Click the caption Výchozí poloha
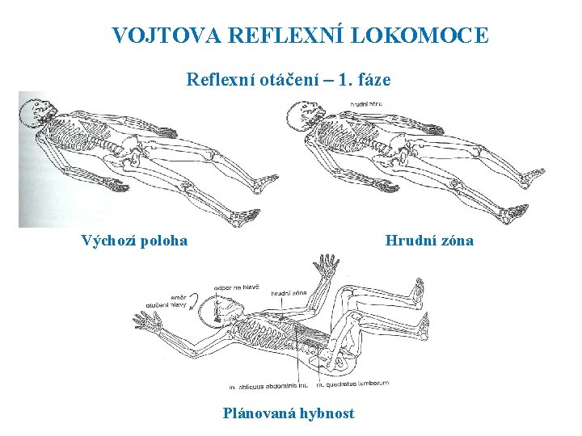134,240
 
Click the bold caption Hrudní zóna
429,240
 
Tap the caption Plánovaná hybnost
289,413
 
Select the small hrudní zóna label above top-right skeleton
367,103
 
